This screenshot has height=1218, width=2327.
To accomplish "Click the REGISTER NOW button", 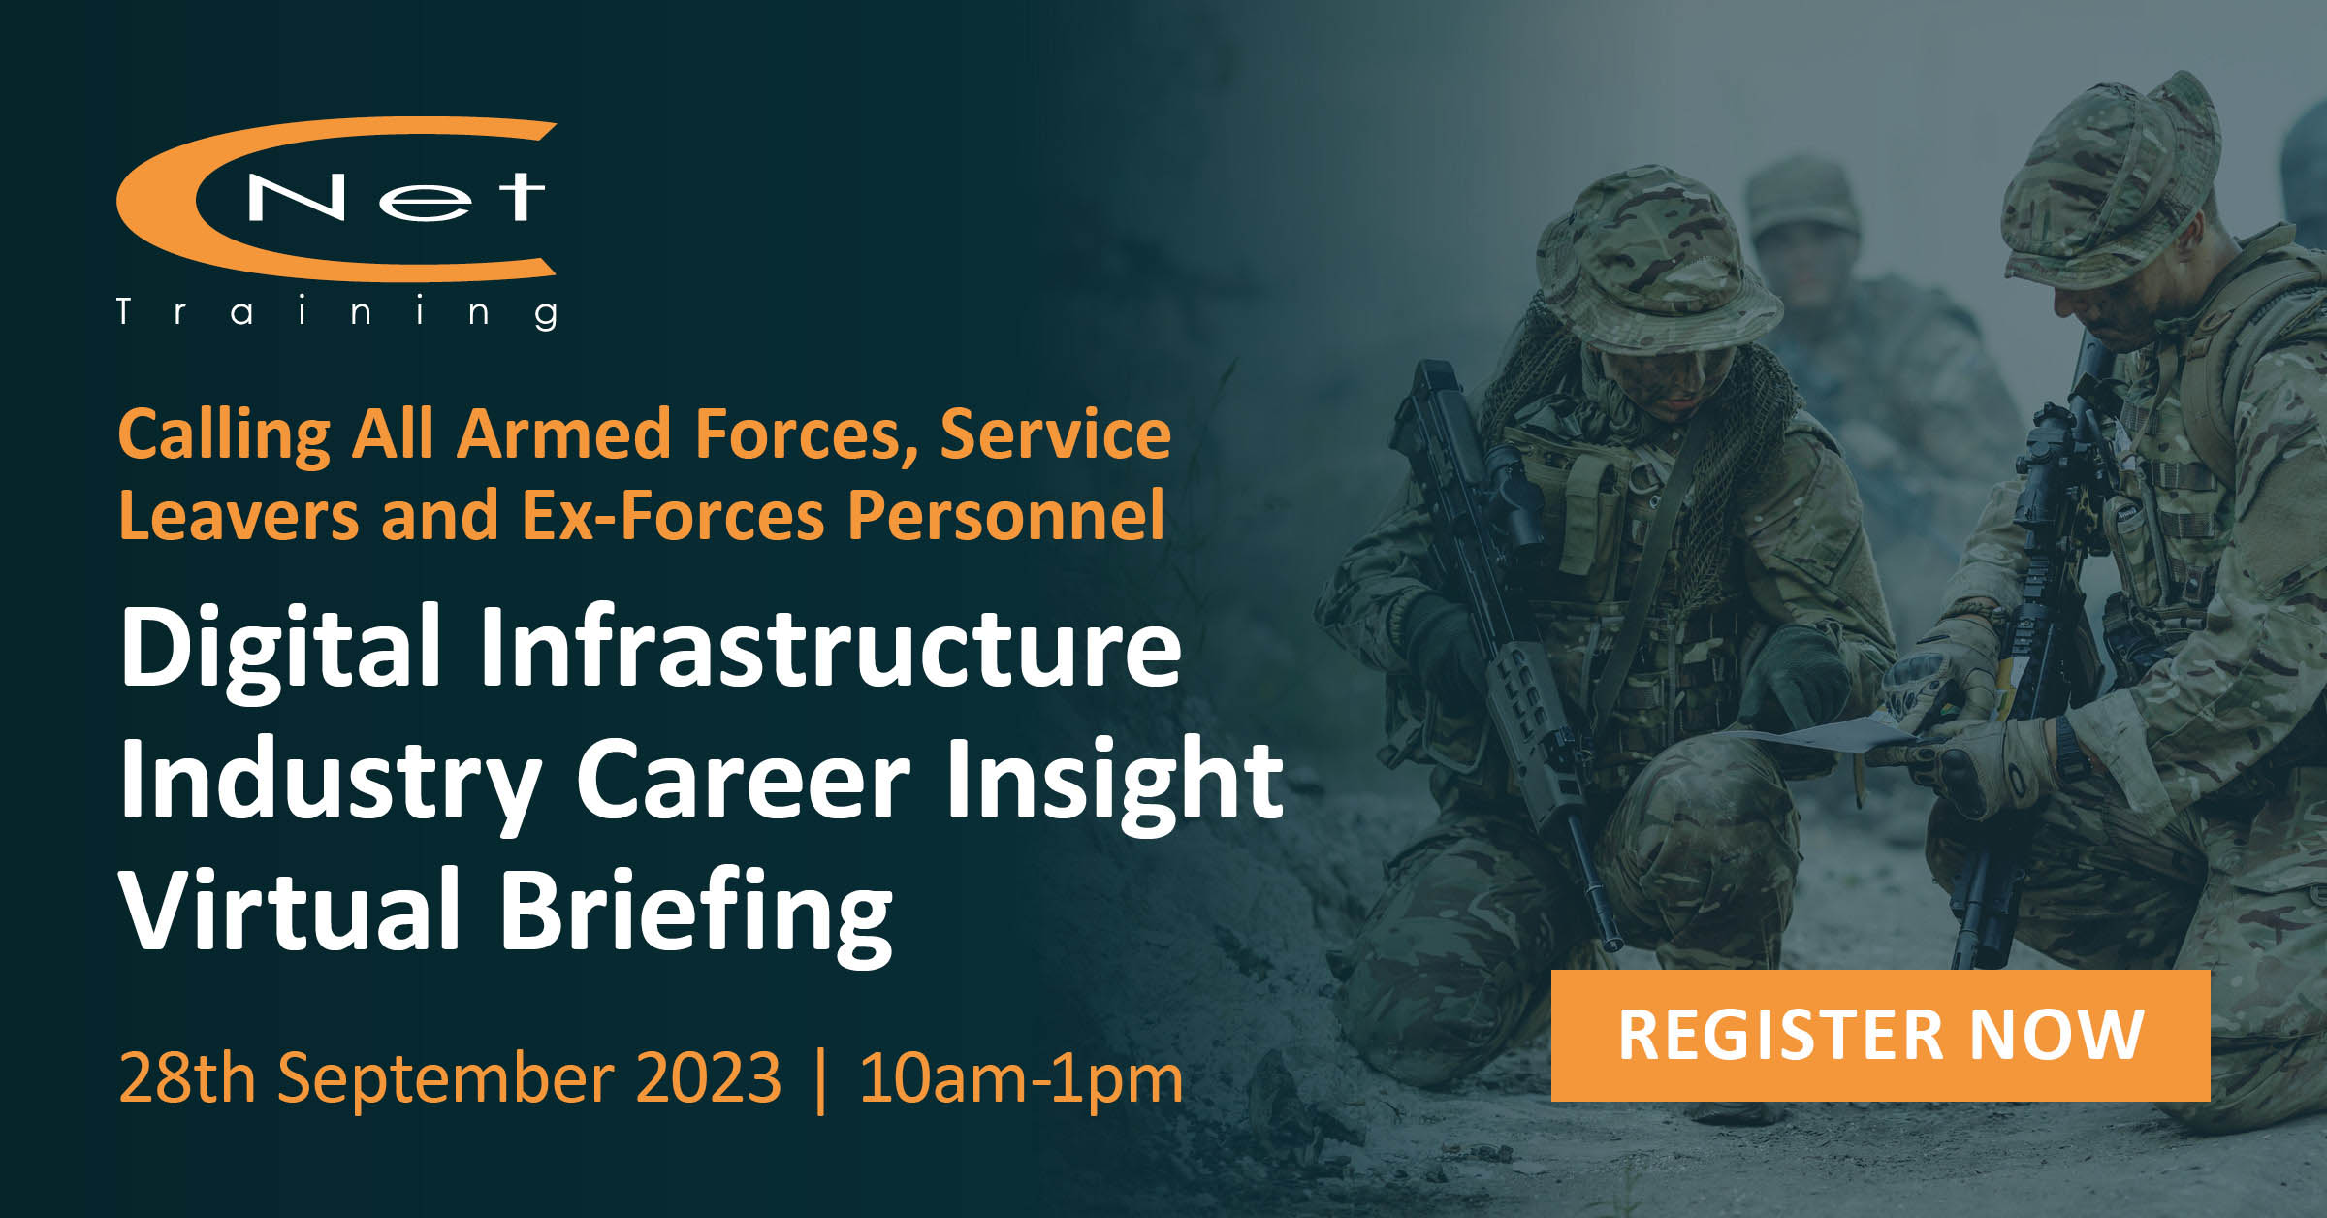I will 1880,1035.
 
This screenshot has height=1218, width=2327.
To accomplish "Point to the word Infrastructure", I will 830,646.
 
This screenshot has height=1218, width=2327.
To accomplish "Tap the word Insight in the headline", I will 1115,782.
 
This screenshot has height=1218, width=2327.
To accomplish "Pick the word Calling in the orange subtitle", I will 224,435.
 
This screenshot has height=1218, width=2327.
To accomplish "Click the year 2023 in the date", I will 709,1077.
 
